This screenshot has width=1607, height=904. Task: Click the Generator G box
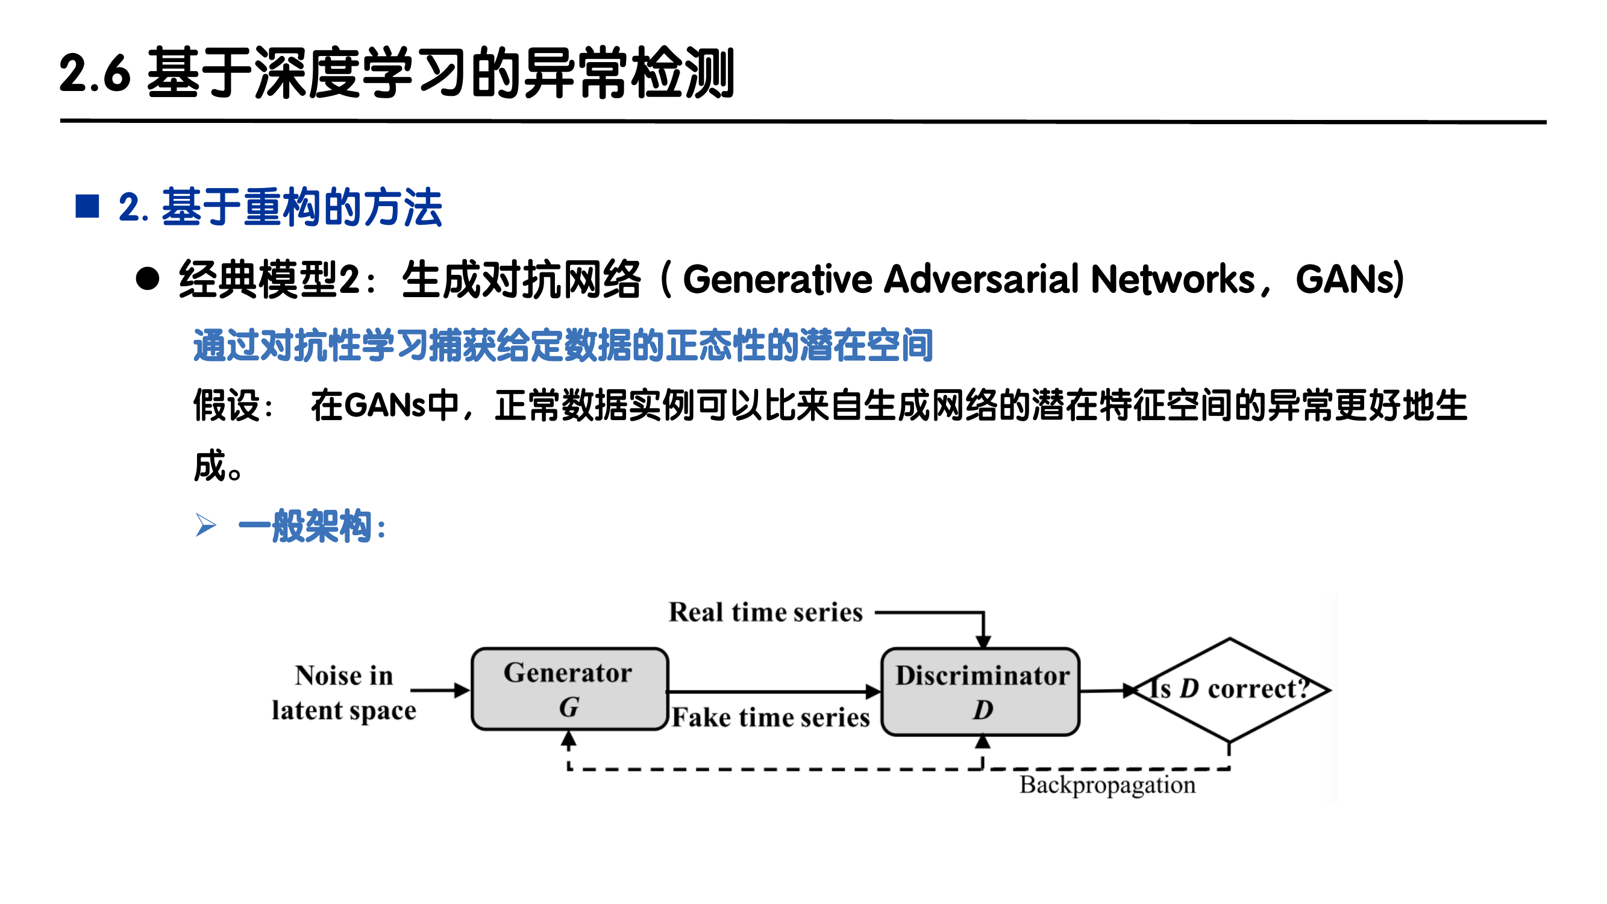click(x=569, y=689)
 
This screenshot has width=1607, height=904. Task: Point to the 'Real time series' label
click(x=765, y=612)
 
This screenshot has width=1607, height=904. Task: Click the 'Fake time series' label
click(x=771, y=717)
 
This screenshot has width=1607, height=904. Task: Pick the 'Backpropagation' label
click(x=1107, y=785)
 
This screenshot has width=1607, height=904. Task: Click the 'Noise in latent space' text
click(x=343, y=692)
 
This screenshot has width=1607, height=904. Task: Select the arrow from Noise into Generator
click(x=440, y=690)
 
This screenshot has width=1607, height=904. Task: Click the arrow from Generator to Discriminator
click(x=774, y=691)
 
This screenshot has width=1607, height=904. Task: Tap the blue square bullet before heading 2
click(x=87, y=207)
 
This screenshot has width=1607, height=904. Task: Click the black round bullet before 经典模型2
click(x=148, y=279)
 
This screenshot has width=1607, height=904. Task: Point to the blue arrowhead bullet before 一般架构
click(x=205, y=526)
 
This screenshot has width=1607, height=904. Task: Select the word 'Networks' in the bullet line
click(x=1172, y=279)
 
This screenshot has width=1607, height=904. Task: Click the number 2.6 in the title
click(x=95, y=74)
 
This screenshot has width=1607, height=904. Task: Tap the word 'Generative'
click(x=777, y=279)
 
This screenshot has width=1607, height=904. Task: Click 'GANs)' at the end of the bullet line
click(x=1349, y=279)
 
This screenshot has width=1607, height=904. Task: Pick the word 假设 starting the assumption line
click(x=226, y=406)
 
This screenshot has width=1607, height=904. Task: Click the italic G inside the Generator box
click(x=568, y=708)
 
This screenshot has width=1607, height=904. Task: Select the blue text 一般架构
click(x=305, y=526)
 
